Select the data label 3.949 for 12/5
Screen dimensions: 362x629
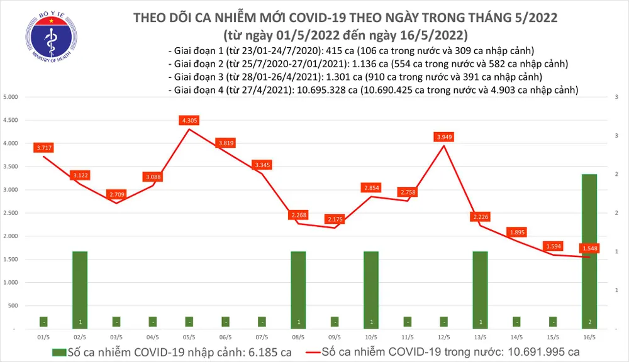point(444,136)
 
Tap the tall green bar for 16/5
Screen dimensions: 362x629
point(589,251)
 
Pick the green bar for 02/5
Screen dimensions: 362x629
point(80,289)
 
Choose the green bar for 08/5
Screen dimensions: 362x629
point(298,289)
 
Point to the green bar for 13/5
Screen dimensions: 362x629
point(481,289)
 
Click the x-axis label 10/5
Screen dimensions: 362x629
point(371,337)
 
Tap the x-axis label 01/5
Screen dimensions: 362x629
point(43,337)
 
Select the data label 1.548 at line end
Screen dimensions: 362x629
point(590,249)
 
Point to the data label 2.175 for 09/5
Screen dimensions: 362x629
point(335,219)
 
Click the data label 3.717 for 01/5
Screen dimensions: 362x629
point(44,147)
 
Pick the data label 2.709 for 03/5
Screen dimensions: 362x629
point(116,194)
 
